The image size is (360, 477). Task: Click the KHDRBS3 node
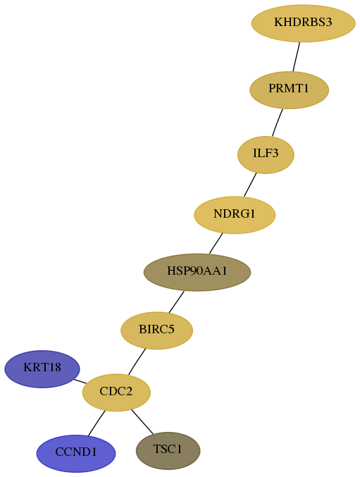pyautogui.click(x=303, y=23)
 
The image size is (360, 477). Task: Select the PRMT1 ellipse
pyautogui.click(x=289, y=90)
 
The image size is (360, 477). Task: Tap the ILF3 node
pyautogui.click(x=266, y=155)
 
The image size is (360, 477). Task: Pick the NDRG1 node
pyautogui.click(x=235, y=215)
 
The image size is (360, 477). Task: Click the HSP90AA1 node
pyautogui.click(x=197, y=272)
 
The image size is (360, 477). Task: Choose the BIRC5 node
pyautogui.click(x=157, y=330)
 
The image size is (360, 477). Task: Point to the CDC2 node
pyautogui.click(x=116, y=392)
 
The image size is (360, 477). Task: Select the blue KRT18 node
pyautogui.click(x=42, y=369)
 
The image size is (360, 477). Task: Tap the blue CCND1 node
pyautogui.click(x=76, y=453)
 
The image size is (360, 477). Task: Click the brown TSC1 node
pyautogui.click(x=168, y=450)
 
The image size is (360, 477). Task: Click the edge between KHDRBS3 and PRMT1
pyautogui.click(x=297, y=57)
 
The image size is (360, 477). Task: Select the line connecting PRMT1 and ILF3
pyautogui.click(x=278, y=123)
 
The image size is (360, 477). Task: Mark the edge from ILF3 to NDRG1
pyautogui.click(x=250, y=185)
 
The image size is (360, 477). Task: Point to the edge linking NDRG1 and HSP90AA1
pyautogui.click(x=216, y=243)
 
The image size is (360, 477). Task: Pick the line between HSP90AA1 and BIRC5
pyautogui.click(x=176, y=302)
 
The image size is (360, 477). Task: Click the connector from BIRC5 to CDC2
pyautogui.click(x=137, y=361)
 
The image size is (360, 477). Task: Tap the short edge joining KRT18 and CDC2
pyautogui.click(x=80, y=381)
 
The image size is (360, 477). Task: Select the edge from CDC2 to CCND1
pyautogui.click(x=97, y=423)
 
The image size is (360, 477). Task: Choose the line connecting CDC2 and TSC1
pyautogui.click(x=142, y=421)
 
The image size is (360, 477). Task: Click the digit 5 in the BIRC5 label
pyautogui.click(x=171, y=329)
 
